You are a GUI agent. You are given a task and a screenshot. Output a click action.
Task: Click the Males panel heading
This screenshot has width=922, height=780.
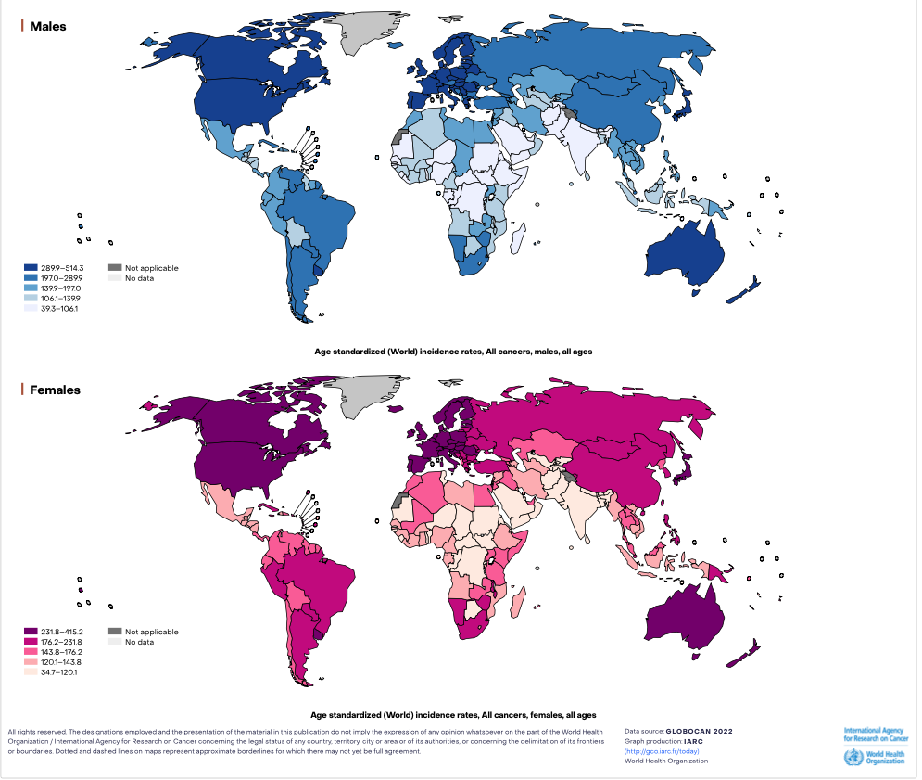pos(47,26)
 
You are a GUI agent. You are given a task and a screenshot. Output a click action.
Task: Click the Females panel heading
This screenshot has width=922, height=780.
pos(55,390)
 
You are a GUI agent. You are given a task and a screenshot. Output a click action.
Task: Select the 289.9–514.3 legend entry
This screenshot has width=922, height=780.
pos(56,268)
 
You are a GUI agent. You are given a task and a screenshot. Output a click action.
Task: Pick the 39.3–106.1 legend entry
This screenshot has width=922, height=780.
pos(56,308)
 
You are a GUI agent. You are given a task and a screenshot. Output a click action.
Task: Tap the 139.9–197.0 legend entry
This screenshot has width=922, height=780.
pos(56,288)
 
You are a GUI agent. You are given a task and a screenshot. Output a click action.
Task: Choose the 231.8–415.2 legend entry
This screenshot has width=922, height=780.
pos(56,632)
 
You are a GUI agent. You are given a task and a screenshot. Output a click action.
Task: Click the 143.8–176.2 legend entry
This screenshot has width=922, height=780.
pos(56,652)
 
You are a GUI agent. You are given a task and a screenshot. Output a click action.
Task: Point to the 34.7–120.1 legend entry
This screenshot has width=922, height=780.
pos(56,671)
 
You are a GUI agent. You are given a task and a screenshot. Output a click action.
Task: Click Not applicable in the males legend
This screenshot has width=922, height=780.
pos(151,268)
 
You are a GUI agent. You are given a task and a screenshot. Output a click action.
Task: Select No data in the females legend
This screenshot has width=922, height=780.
pos(140,642)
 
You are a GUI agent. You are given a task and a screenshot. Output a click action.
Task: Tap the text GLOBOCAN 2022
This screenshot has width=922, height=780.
pos(699,731)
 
